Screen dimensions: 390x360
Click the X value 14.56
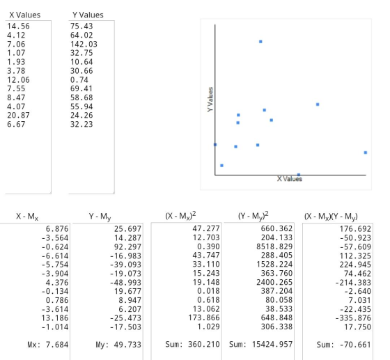(x=18, y=26)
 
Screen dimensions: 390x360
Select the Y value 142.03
(x=84, y=44)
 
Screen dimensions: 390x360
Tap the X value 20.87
(x=18, y=116)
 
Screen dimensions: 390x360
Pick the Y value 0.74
(x=79, y=80)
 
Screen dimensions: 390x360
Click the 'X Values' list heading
(x=25, y=15)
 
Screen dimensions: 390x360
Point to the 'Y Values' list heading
(x=88, y=15)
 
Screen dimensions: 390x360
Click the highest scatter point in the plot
(x=260, y=42)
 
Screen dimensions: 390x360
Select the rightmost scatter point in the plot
(x=366, y=152)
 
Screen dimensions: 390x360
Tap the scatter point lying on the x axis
(x=299, y=175)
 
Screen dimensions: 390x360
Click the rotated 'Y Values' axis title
(x=210, y=100)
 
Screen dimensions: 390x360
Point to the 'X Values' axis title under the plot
(x=290, y=179)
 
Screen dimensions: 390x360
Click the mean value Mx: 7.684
(x=48, y=345)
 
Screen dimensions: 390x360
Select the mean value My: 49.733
(x=118, y=345)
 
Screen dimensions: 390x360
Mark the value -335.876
(x=353, y=318)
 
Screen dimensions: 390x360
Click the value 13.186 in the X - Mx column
(x=55, y=318)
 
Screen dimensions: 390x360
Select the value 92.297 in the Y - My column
(x=127, y=247)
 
